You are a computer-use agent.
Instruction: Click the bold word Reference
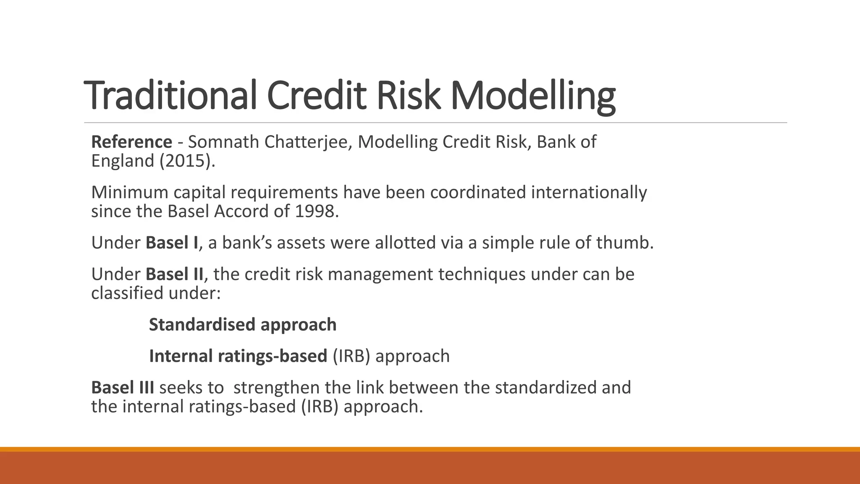131,142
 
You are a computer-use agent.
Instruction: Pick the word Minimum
130,192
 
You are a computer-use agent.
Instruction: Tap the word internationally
589,192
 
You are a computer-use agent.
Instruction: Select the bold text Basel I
172,243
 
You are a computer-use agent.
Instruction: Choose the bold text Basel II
174,274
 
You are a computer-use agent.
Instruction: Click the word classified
127,293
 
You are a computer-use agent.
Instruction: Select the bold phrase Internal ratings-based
238,356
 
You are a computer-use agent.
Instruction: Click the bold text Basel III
123,388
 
